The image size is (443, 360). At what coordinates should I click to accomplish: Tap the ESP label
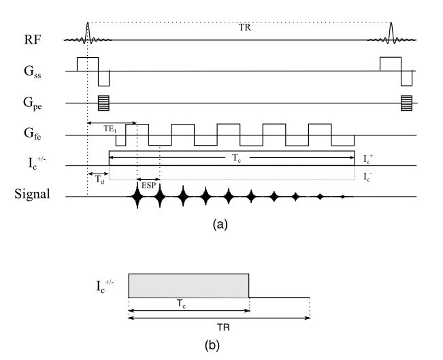click(148, 184)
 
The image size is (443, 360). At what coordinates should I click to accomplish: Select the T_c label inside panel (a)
click(232, 153)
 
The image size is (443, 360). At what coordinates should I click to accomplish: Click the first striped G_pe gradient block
click(103, 103)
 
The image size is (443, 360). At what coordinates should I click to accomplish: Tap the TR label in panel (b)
click(223, 327)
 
